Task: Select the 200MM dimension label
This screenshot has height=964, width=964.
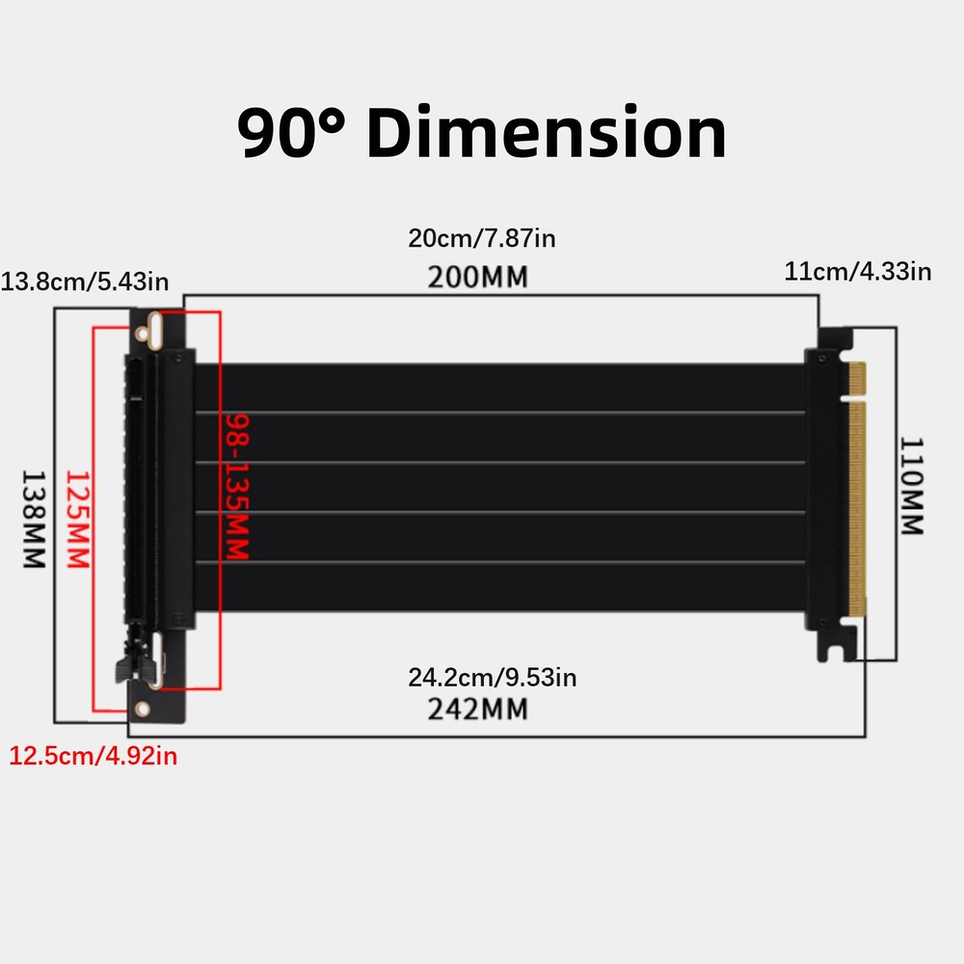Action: tap(478, 277)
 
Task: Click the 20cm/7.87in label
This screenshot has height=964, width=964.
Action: tap(482, 238)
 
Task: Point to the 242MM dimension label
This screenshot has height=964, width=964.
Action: tap(477, 710)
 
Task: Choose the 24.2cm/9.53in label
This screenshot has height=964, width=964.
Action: tap(492, 678)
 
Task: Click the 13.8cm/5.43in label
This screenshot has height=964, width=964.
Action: tap(86, 281)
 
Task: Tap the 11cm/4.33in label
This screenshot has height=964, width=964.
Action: tap(858, 271)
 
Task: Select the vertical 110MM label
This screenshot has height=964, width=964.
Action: tap(912, 487)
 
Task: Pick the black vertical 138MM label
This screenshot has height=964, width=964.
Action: tap(34, 519)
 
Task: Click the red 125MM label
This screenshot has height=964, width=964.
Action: tap(76, 519)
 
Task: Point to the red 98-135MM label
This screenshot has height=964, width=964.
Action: tap(237, 487)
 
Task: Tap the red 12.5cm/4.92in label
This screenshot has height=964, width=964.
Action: tap(94, 756)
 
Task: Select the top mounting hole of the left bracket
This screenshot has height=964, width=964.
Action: tap(144, 333)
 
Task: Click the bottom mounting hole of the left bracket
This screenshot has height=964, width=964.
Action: tap(143, 709)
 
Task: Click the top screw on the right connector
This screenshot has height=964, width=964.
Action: tap(820, 358)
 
